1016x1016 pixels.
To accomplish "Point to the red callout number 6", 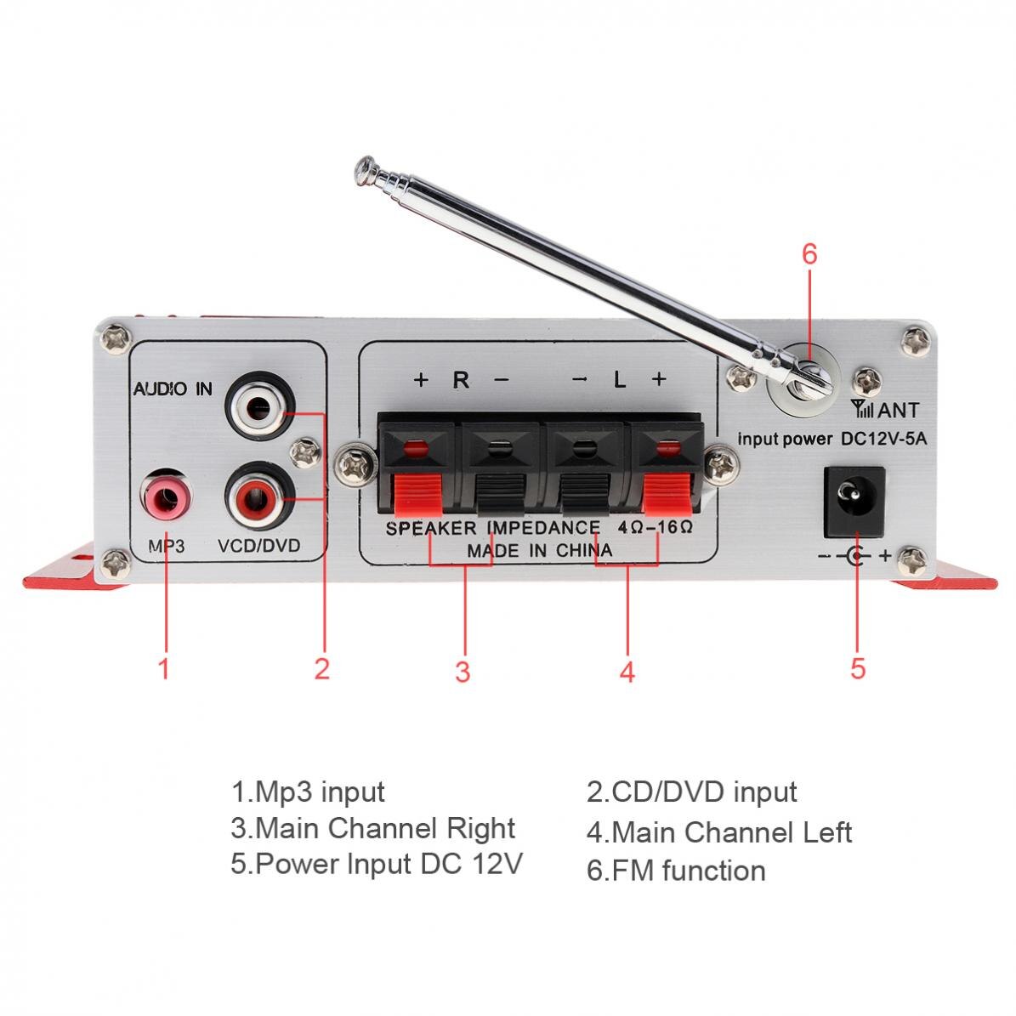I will (x=809, y=253).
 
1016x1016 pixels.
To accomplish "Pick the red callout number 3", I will (x=463, y=672).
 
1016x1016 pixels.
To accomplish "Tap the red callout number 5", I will (x=857, y=667).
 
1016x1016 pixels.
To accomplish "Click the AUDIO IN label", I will (x=173, y=389).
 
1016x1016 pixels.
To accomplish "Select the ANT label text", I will (x=898, y=411).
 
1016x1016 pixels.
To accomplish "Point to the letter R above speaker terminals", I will (x=461, y=380).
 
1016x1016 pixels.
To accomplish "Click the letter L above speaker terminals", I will (x=620, y=380).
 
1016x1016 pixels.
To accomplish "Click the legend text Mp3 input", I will (x=308, y=792).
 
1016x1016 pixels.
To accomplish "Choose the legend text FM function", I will (x=676, y=871).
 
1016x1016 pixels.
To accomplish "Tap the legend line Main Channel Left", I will (x=718, y=832).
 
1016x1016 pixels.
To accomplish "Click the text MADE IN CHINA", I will (x=539, y=550).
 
